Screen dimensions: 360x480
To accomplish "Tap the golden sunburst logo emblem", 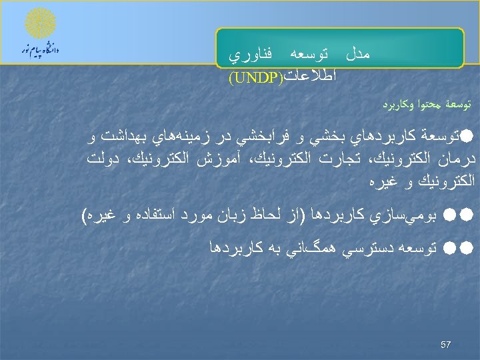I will tap(39, 25).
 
